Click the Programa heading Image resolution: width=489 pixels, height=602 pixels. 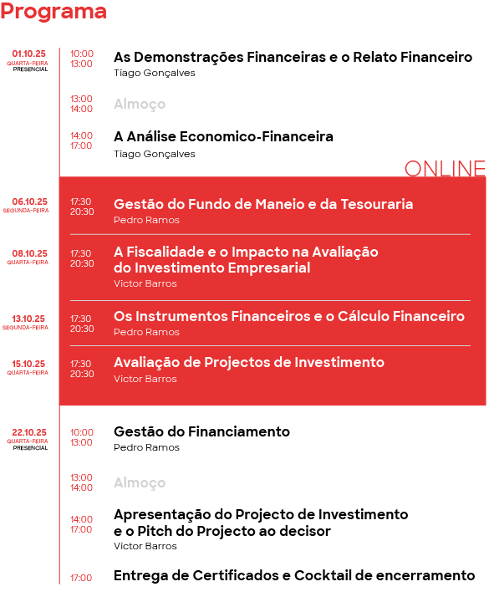(53, 12)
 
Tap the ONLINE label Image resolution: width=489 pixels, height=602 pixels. (444, 168)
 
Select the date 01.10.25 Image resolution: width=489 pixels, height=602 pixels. (29, 54)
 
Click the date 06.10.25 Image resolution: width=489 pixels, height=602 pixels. (29, 202)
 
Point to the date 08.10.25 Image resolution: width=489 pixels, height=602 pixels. (29, 253)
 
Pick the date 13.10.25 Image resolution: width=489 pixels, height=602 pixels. (29, 319)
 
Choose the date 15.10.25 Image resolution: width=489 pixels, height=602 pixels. (29, 364)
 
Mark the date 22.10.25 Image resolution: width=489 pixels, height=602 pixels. (29, 432)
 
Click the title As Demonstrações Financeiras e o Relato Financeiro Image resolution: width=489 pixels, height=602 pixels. (293, 58)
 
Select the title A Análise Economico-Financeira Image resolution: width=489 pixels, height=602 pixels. (223, 136)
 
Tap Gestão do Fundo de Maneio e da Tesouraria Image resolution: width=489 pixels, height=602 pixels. (263, 204)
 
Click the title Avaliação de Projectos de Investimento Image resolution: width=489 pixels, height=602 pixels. (249, 362)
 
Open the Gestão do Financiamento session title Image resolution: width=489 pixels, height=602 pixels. (201, 431)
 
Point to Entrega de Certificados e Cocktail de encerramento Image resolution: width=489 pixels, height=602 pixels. (294, 575)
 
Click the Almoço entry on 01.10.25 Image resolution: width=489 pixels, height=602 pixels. (140, 105)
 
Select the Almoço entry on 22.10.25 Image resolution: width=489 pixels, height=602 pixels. (140, 483)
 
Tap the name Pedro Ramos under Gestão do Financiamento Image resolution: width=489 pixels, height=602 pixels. (146, 447)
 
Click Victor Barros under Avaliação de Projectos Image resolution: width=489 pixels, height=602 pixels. (145, 379)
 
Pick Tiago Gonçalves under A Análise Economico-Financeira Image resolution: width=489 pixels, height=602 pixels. (154, 154)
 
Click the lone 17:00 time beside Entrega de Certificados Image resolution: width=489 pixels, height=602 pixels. (81, 578)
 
